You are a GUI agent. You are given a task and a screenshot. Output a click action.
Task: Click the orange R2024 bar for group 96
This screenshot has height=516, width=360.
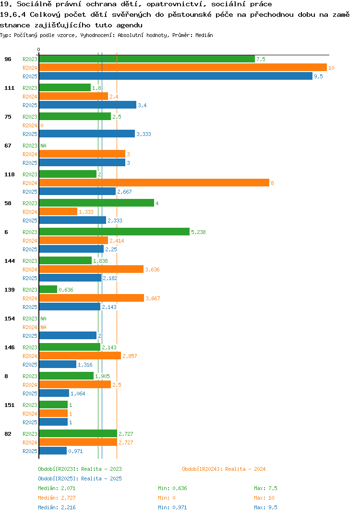183,67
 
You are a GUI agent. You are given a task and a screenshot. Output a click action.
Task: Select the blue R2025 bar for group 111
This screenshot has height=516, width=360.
88,105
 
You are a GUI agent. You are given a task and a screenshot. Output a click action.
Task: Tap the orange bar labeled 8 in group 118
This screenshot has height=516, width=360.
154,183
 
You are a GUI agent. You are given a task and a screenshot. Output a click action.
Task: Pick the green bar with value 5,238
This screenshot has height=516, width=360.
114,232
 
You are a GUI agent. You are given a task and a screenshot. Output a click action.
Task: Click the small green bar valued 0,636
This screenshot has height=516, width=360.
48,289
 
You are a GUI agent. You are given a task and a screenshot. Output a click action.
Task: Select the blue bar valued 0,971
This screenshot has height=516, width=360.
53,451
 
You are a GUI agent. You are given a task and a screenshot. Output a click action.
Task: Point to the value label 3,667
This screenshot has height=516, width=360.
153,298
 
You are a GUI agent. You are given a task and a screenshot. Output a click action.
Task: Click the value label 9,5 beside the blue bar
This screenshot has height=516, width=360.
318,76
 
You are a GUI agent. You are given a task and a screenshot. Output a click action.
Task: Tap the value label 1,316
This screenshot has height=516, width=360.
85,365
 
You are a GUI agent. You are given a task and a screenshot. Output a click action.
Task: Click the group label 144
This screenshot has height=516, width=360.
10,261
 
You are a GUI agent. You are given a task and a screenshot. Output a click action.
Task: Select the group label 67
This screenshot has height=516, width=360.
8,146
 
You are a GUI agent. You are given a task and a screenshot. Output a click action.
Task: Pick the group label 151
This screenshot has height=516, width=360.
10,405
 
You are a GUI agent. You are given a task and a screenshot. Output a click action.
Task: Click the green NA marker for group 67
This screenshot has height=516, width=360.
43,146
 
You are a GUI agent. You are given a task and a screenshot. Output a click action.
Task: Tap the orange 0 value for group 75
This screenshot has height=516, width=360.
42,125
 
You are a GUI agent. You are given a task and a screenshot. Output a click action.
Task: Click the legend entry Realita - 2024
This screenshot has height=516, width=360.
245,469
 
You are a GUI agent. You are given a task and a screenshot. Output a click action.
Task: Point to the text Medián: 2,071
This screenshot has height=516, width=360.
57,488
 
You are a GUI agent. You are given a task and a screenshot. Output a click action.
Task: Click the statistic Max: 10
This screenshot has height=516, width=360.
264,498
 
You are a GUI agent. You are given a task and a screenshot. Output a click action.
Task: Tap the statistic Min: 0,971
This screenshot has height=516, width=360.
172,507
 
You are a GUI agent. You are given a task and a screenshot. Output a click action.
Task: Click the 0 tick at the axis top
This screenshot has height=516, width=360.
39,49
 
